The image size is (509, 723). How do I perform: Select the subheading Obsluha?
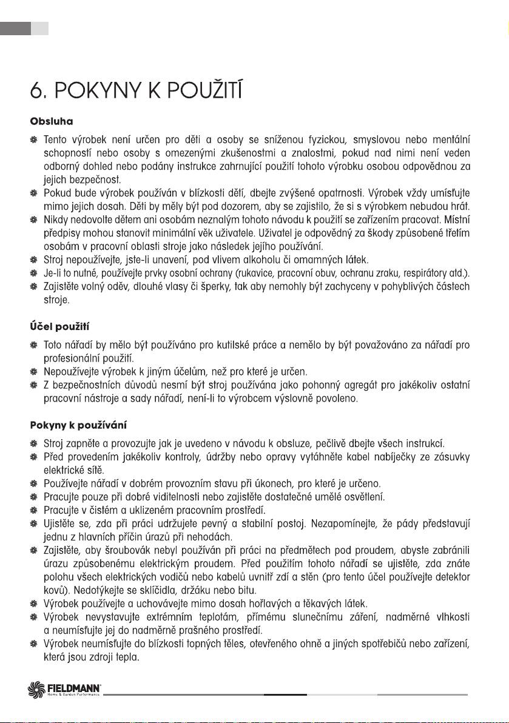43,122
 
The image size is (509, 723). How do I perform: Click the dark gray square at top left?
15,28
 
